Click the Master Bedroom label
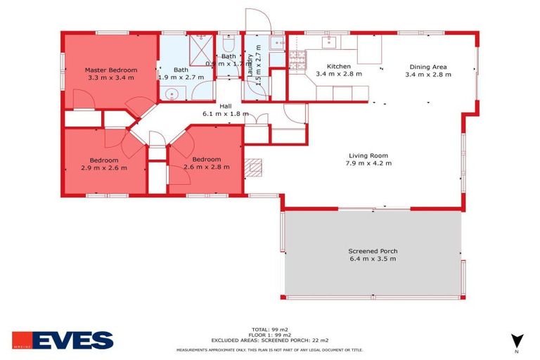(111, 70)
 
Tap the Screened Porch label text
(372, 251)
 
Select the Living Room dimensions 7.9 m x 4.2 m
(368, 163)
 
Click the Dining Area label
(428, 67)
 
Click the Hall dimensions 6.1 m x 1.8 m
(225, 113)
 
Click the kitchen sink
(330, 42)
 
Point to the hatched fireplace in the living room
(253, 166)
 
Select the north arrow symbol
(517, 340)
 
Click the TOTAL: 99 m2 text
(269, 328)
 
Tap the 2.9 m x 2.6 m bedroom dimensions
(104, 167)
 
